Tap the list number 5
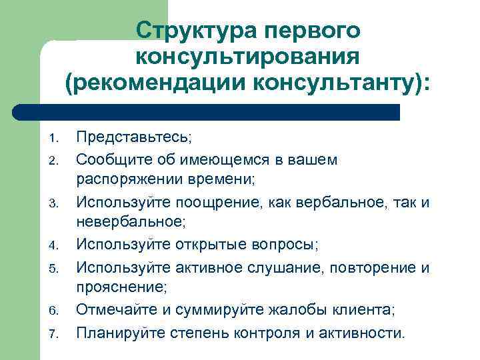pyautogui.click(x=55, y=269)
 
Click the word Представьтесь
pyautogui.click(x=132, y=138)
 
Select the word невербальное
pyautogui.click(x=128, y=223)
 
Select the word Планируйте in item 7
pyautogui.click(x=117, y=331)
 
